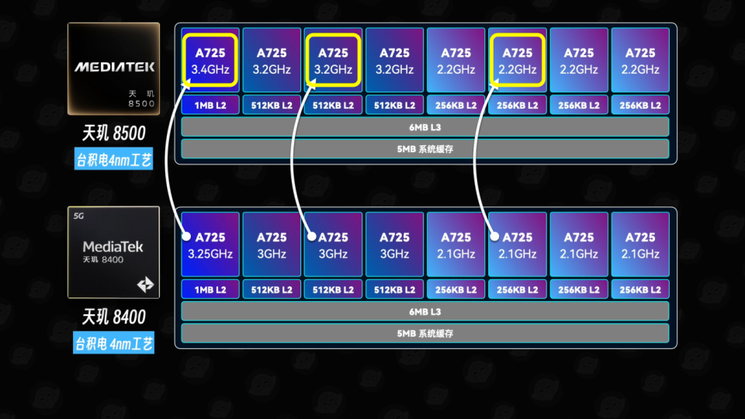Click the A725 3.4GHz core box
[210, 61]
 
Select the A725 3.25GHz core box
[210, 244]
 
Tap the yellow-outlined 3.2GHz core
[333, 61]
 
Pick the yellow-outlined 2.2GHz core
[518, 61]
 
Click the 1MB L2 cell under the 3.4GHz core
[210, 105]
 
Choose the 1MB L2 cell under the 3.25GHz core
[210, 289]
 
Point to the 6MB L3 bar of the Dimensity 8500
[425, 126]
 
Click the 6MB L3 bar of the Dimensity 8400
[425, 311]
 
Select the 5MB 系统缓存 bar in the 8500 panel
[425, 149]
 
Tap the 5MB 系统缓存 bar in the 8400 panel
[425, 333]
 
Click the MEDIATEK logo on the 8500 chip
[115, 67]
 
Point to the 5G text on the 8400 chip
[78, 216]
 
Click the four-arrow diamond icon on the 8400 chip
[145, 285]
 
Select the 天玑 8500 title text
[113, 133]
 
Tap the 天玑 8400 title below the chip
[113, 317]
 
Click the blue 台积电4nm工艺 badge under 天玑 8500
[113, 159]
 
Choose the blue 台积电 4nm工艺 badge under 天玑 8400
[113, 343]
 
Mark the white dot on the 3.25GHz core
[186, 236]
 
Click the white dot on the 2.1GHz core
[494, 236]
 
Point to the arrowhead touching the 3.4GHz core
[185, 84]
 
